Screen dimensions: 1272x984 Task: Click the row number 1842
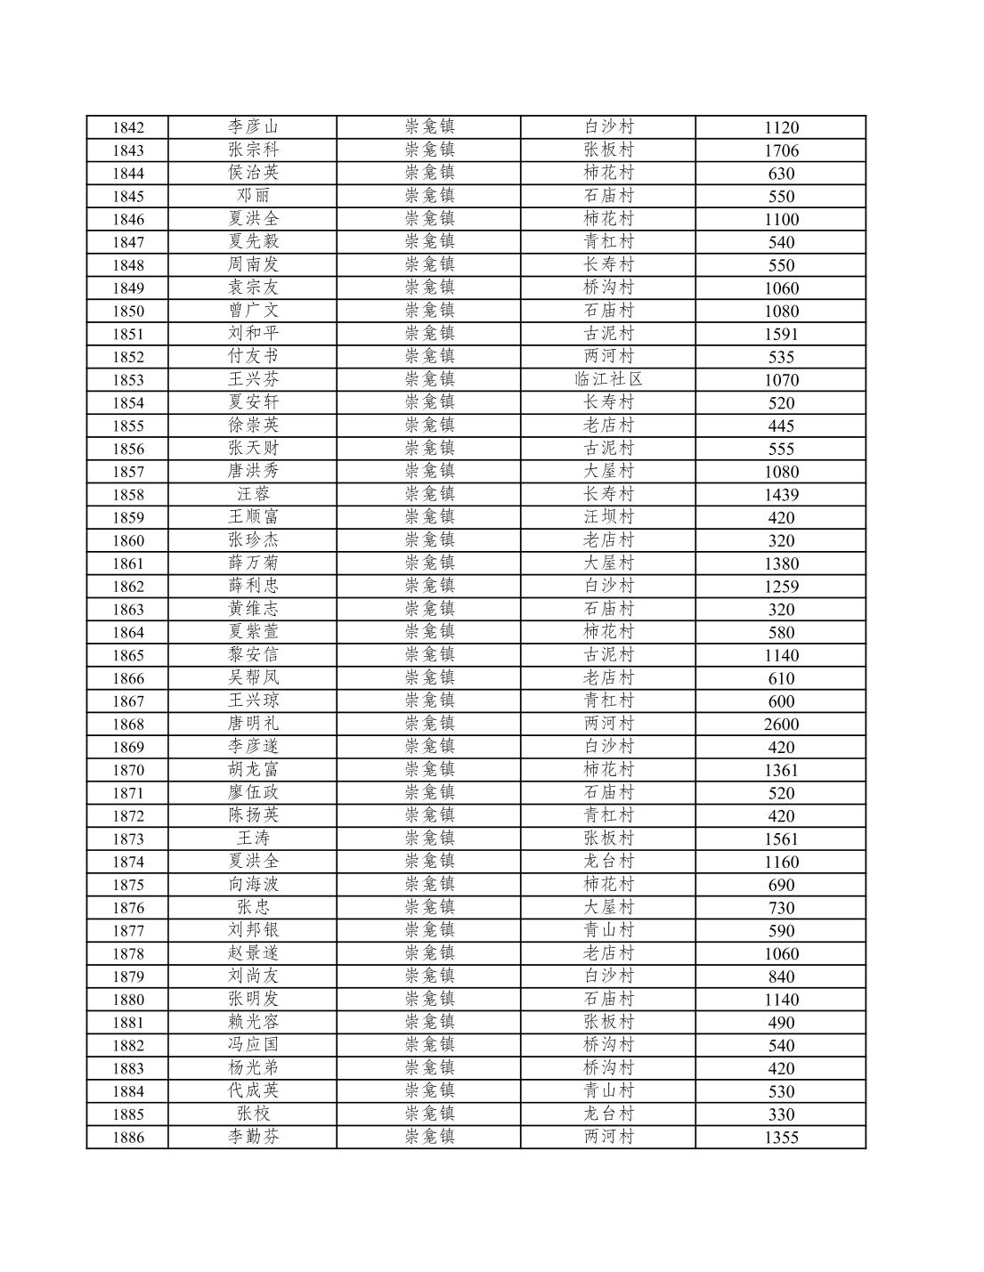tap(127, 127)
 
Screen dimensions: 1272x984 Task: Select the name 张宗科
tap(253, 150)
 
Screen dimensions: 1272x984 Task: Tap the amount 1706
tap(781, 150)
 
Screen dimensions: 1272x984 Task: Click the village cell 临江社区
tap(608, 379)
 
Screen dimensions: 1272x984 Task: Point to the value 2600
tap(781, 724)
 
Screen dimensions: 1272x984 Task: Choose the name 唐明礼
tap(253, 723)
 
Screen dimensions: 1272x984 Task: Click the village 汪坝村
tap(608, 516)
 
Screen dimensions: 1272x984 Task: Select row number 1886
tap(127, 1138)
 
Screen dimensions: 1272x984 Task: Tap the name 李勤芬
tap(253, 1137)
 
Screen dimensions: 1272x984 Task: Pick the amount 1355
tap(781, 1138)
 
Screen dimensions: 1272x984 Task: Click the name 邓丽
tap(253, 196)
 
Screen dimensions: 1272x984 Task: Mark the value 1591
tap(781, 334)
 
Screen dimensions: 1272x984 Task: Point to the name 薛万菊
tap(253, 563)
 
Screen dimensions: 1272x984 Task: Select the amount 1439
tap(781, 494)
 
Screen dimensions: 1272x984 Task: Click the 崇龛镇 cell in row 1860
tap(429, 539)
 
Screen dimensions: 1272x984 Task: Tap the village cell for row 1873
tap(608, 839)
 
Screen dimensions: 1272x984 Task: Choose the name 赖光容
tap(253, 1022)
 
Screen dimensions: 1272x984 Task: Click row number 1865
tap(127, 655)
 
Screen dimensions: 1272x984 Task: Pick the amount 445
tap(781, 425)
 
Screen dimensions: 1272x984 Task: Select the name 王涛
tap(253, 839)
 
